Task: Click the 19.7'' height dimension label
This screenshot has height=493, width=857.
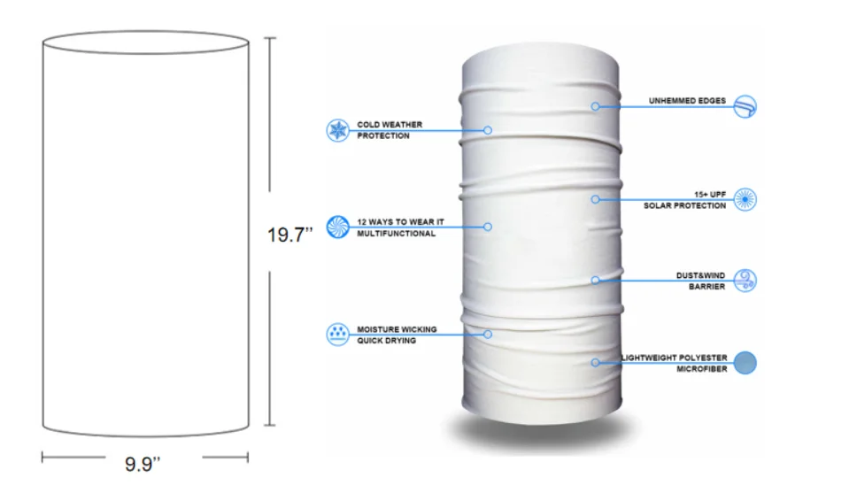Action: (290, 235)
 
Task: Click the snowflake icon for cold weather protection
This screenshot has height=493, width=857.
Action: (338, 130)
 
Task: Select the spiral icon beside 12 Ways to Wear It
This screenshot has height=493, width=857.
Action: (338, 227)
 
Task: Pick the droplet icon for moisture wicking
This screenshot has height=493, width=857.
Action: (338, 334)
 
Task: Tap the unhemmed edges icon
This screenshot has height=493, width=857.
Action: (745, 106)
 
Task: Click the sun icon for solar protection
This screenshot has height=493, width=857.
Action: (745, 199)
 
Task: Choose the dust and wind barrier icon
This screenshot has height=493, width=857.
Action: (745, 281)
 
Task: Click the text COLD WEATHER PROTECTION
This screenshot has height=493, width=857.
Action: (390, 130)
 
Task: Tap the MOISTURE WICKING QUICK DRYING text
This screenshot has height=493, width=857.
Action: (397, 335)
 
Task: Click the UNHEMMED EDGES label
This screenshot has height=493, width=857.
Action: (687, 101)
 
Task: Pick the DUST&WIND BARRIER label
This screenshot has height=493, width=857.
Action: (701, 281)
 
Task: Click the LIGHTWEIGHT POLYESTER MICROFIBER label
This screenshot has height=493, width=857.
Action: (674, 363)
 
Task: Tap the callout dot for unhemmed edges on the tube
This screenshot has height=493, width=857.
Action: (596, 106)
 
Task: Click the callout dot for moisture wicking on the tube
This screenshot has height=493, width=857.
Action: (488, 334)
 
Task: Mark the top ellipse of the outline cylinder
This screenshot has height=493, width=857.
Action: (145, 42)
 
